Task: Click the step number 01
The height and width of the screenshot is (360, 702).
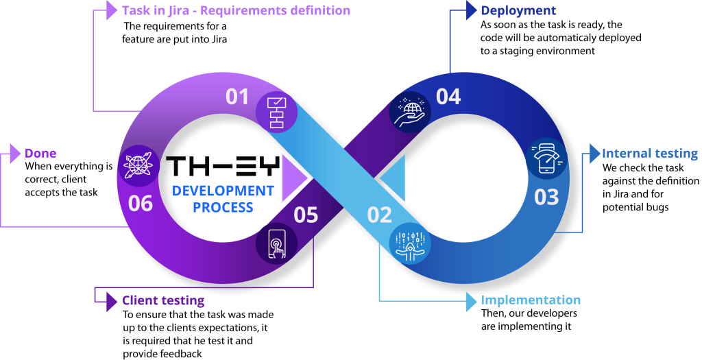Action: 238,97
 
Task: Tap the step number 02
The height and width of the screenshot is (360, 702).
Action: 380,215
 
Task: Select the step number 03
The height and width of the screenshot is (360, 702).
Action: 546,197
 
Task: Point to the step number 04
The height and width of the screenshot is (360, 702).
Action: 448,97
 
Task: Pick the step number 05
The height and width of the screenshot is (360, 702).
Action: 306,215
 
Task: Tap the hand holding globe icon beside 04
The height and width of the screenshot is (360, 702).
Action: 410,112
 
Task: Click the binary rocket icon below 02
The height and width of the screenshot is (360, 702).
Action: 410,243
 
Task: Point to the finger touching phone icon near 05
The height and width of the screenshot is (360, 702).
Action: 276,243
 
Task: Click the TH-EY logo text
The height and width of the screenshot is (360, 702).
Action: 223,166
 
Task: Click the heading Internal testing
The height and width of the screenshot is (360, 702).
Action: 649,154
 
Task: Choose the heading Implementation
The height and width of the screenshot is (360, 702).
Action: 530,300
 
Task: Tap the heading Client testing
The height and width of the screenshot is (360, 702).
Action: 162,300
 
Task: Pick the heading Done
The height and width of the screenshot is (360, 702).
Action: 40,154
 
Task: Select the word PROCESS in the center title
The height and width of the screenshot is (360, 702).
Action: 223,206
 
